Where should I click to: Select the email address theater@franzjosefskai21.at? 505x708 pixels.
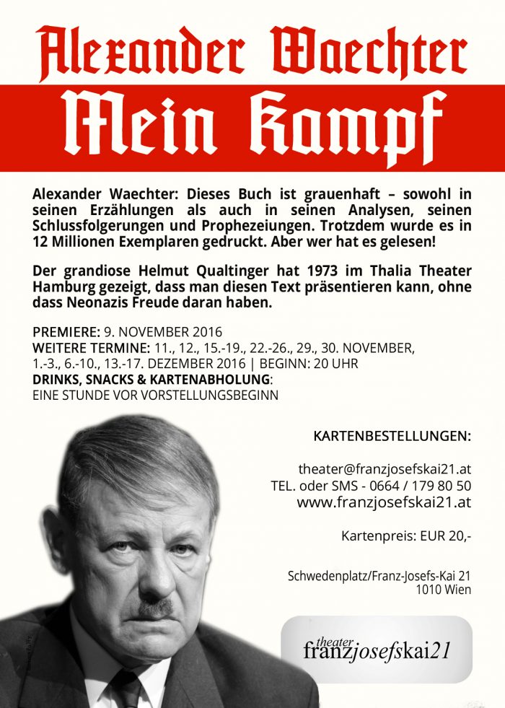coord(385,468)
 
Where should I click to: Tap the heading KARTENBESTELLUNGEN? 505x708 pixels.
coord(392,437)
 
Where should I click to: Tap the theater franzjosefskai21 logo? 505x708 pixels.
coord(376,648)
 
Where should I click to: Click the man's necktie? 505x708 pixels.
coord(128,689)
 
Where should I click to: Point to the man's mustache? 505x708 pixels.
coord(154,607)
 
